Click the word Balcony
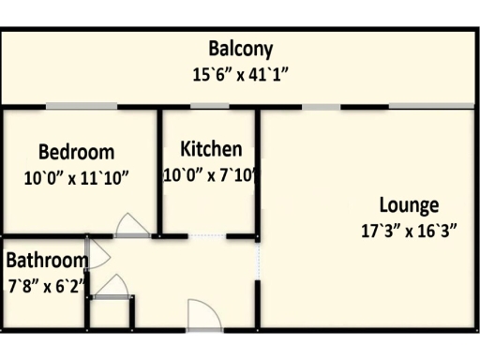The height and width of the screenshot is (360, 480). pyautogui.click(x=241, y=49)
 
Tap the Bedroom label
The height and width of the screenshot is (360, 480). pyautogui.click(x=77, y=152)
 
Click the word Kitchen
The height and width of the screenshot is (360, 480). pyautogui.click(x=211, y=149)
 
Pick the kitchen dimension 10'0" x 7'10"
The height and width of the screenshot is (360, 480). pyautogui.click(x=211, y=174)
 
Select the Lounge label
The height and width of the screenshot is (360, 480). pyautogui.click(x=409, y=204)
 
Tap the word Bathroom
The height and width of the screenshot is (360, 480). pyautogui.click(x=47, y=260)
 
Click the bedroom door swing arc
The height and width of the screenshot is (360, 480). pyautogui.click(x=129, y=224)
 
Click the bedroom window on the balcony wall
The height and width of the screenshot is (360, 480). pyautogui.click(x=82, y=106)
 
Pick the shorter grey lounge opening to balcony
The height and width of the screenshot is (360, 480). pyautogui.click(x=321, y=106)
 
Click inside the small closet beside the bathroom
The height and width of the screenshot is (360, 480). pyautogui.click(x=112, y=313)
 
